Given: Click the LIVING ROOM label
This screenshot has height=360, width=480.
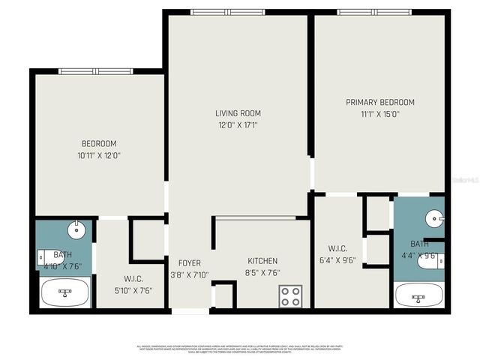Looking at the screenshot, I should pos(238,113).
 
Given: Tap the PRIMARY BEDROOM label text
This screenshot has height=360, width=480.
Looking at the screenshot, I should pos(379,102).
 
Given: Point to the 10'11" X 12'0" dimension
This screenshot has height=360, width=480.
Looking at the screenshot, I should pos(99,155).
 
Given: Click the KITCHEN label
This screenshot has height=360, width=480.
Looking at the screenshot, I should pos(262,261).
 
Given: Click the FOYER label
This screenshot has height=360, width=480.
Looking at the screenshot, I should pos(190,263).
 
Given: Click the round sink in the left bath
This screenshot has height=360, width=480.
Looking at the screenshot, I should pos(76,229).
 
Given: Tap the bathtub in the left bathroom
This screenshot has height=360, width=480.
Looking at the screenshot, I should pos(64,292).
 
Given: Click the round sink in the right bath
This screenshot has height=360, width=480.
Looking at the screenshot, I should pos(434,219).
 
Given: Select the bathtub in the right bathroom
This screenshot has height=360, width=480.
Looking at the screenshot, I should pos(418,295).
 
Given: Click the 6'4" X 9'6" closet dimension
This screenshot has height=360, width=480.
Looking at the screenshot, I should pos(337,262).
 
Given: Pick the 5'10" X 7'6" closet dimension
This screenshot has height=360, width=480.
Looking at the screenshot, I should pos(133,289).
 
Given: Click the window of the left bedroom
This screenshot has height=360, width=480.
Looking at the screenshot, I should pos(95,71).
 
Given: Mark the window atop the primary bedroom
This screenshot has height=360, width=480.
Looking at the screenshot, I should pos(373,12).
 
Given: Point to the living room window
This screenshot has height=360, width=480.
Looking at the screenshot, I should pos(227,12).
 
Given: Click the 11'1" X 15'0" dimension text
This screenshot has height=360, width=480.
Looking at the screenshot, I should pos(379,115).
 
